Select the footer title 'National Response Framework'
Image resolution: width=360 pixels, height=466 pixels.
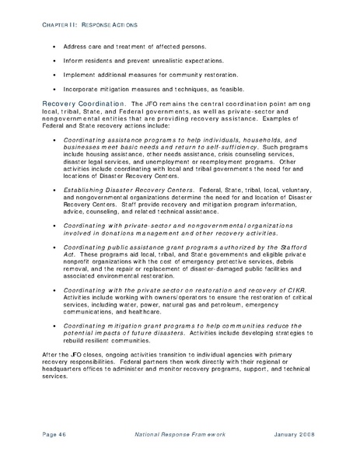tap(180, 433)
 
